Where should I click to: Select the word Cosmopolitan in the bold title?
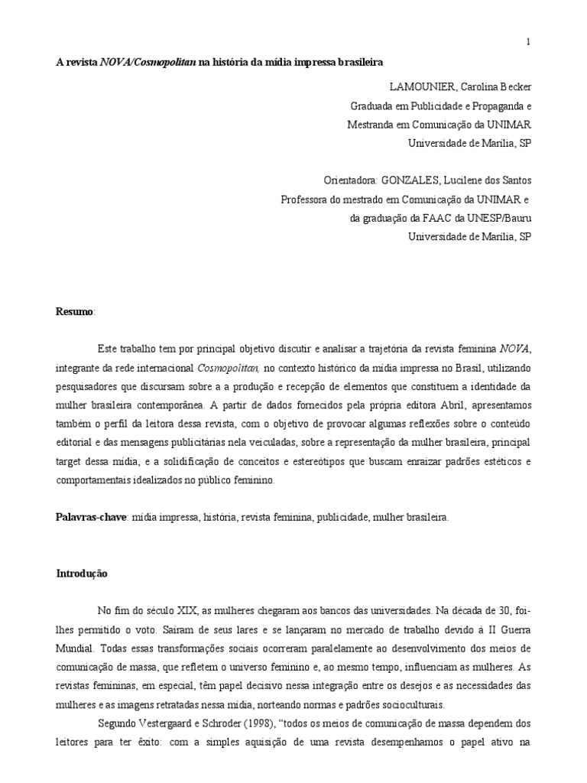coord(165,62)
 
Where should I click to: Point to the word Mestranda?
coord(371,124)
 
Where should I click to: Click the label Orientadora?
coord(351,180)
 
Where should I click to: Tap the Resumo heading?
coord(73,312)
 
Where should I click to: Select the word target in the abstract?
coord(71,462)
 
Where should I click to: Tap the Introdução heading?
coord(83,573)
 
